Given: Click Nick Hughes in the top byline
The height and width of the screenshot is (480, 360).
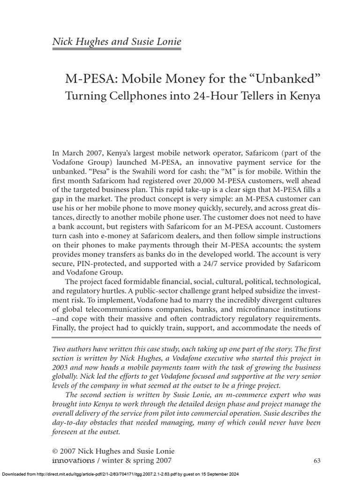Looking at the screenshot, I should [78, 42].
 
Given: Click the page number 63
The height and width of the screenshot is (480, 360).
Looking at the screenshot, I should [316, 461].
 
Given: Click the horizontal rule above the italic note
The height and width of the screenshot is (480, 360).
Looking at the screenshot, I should [186, 337].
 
